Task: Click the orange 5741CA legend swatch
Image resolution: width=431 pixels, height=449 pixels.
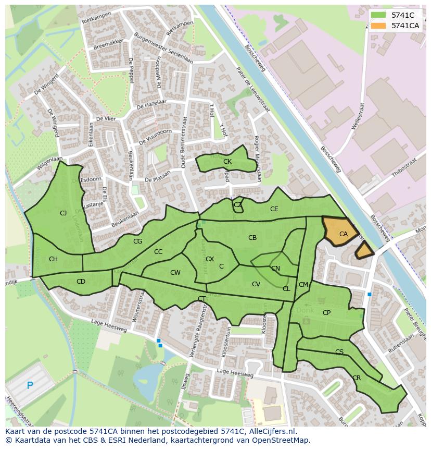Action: tap(379, 26)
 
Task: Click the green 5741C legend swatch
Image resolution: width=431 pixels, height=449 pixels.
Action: tap(379, 15)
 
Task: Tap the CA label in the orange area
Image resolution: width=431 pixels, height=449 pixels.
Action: tap(344, 234)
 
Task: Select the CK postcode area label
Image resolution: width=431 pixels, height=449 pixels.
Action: tap(227, 162)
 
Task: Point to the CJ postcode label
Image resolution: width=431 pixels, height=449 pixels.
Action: tap(64, 213)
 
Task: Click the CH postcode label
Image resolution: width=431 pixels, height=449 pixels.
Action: tap(53, 259)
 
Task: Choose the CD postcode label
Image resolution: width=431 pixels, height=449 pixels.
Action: tap(81, 282)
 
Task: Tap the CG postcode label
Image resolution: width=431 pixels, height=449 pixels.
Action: tap(137, 241)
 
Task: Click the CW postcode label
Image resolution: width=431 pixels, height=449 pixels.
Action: tap(175, 273)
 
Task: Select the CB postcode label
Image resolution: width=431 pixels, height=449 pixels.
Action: tap(252, 238)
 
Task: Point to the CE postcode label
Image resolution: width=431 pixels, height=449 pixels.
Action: tap(274, 209)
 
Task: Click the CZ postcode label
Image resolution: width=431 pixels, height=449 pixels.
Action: tap(238, 205)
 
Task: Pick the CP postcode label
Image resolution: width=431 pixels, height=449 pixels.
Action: tap(326, 313)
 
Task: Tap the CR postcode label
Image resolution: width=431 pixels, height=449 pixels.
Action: tap(357, 378)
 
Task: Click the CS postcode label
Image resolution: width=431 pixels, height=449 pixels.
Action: tap(339, 352)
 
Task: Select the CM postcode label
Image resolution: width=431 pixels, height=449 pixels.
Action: tap(303, 285)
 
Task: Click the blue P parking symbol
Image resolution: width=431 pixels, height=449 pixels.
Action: tap(30, 386)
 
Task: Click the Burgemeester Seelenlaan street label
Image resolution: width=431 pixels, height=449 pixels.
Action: tap(163, 48)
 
